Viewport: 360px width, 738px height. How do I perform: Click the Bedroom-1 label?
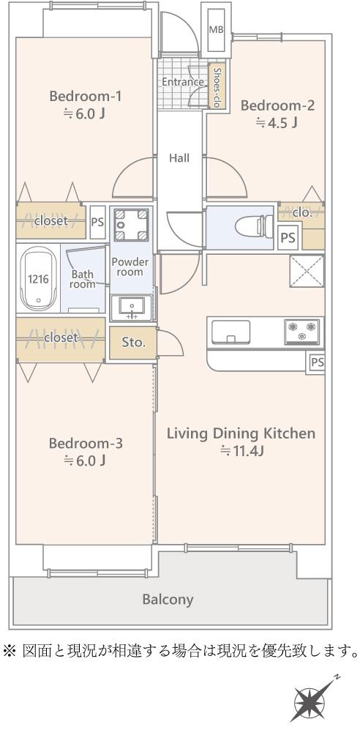point(86,97)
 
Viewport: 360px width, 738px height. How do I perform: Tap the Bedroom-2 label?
point(277,105)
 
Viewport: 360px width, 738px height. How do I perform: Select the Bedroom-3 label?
point(86,444)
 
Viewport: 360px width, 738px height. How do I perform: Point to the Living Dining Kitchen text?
point(241,433)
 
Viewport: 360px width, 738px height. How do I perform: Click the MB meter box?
point(216,29)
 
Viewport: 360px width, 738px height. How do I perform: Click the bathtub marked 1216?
point(38,279)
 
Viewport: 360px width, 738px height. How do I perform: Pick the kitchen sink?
point(230,332)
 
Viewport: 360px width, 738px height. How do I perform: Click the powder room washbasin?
point(132,307)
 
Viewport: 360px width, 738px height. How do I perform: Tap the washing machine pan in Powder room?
point(131,225)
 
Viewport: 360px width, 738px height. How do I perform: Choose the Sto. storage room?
point(132,343)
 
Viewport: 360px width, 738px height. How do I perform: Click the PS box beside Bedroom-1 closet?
point(97,221)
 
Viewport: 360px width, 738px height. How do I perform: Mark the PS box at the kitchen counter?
point(316,363)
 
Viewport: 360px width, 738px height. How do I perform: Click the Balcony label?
point(168,600)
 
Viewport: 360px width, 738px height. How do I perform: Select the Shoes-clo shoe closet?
point(217,86)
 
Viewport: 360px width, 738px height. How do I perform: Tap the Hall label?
point(179,158)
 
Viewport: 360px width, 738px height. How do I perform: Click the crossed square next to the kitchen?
point(307,271)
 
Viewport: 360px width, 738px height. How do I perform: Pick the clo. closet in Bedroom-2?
point(301,213)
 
